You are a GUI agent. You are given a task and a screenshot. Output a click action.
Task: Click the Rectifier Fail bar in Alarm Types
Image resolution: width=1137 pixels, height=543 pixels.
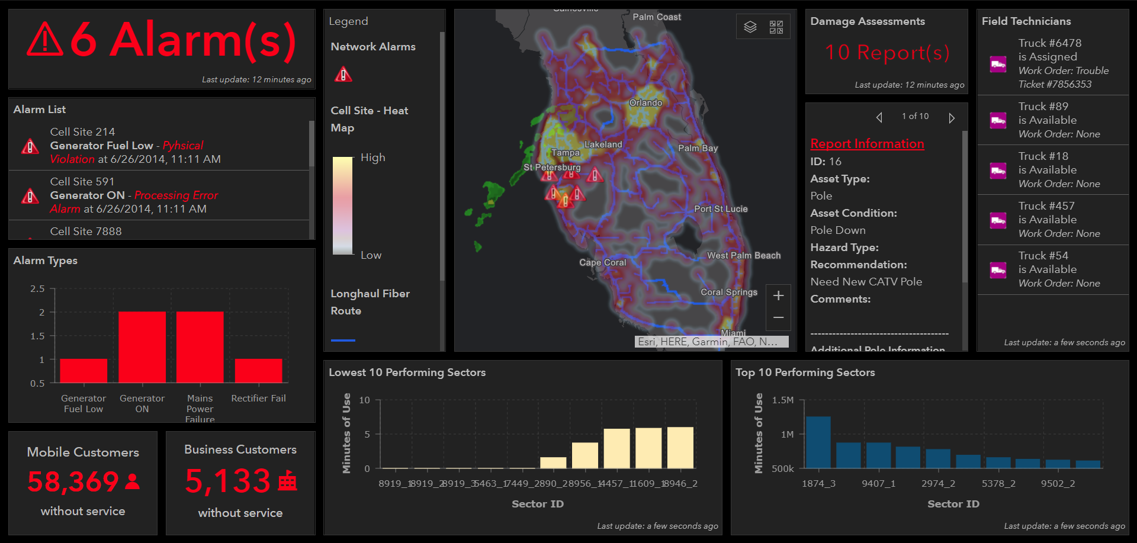(x=258, y=371)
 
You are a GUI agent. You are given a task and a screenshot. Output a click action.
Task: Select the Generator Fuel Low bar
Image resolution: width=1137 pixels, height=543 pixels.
(x=83, y=371)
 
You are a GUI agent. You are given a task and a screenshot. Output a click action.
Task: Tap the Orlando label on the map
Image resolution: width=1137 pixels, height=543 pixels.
(x=645, y=103)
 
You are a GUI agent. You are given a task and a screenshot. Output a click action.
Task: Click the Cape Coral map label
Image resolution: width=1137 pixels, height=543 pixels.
(x=602, y=262)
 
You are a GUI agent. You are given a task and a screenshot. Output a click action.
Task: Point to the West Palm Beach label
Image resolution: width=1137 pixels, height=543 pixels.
(x=744, y=255)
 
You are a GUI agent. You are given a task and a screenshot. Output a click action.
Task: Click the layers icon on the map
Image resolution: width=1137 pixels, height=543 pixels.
(x=750, y=27)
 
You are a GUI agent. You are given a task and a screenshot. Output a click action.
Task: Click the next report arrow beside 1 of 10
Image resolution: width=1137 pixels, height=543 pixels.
(x=951, y=118)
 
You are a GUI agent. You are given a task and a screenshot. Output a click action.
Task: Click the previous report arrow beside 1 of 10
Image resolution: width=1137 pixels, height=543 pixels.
(x=879, y=118)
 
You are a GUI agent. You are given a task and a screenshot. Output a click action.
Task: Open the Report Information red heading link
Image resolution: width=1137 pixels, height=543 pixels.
(x=867, y=144)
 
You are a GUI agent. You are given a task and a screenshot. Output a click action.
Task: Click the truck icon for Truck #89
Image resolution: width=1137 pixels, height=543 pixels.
(x=998, y=121)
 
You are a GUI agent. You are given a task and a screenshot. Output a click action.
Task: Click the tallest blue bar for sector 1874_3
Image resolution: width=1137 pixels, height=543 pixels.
(x=818, y=442)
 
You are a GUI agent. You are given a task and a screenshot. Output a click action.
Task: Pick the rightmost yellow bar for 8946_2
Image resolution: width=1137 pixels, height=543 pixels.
(x=680, y=448)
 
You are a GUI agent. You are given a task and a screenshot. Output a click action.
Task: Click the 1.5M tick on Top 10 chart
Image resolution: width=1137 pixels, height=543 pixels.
(x=783, y=400)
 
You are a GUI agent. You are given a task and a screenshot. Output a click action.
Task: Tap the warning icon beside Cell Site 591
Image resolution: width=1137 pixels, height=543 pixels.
(x=30, y=196)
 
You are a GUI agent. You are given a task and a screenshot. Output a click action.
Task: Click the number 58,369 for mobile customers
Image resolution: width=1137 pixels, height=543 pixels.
(x=73, y=481)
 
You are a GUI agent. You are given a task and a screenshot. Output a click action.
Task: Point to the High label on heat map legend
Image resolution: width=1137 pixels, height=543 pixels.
(x=372, y=158)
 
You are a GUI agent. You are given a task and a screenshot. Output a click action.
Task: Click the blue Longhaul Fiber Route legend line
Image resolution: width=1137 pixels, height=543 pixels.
(x=343, y=340)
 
